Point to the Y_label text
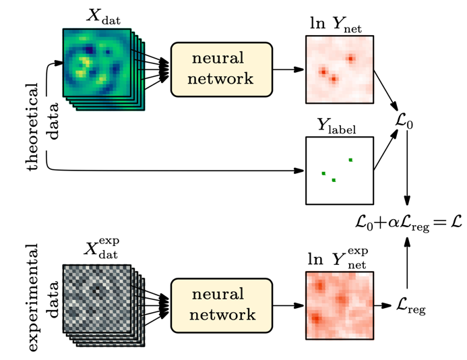[339, 127]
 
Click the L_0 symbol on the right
[406, 123]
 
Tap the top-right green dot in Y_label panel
[350, 160]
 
